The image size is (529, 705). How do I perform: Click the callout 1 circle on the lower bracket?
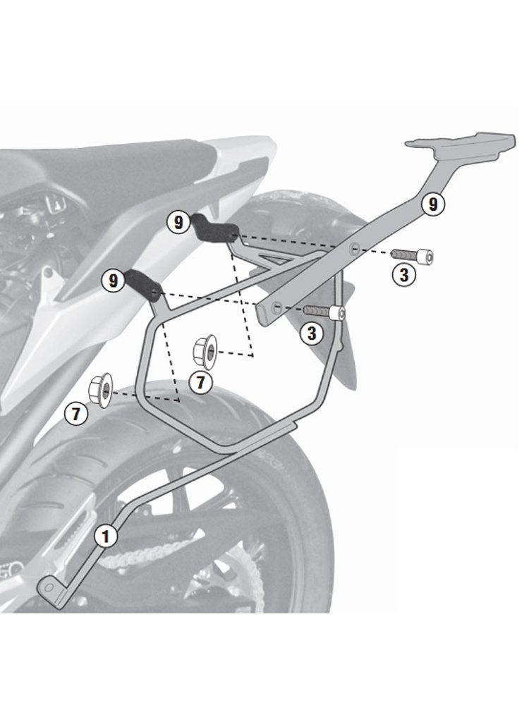tap(105, 537)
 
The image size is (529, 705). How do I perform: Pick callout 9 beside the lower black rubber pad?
tap(113, 281)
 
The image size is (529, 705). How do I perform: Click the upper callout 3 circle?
tap(403, 275)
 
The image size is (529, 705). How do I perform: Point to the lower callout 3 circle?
tap(312, 333)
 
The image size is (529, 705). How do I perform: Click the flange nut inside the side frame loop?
tap(205, 350)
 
